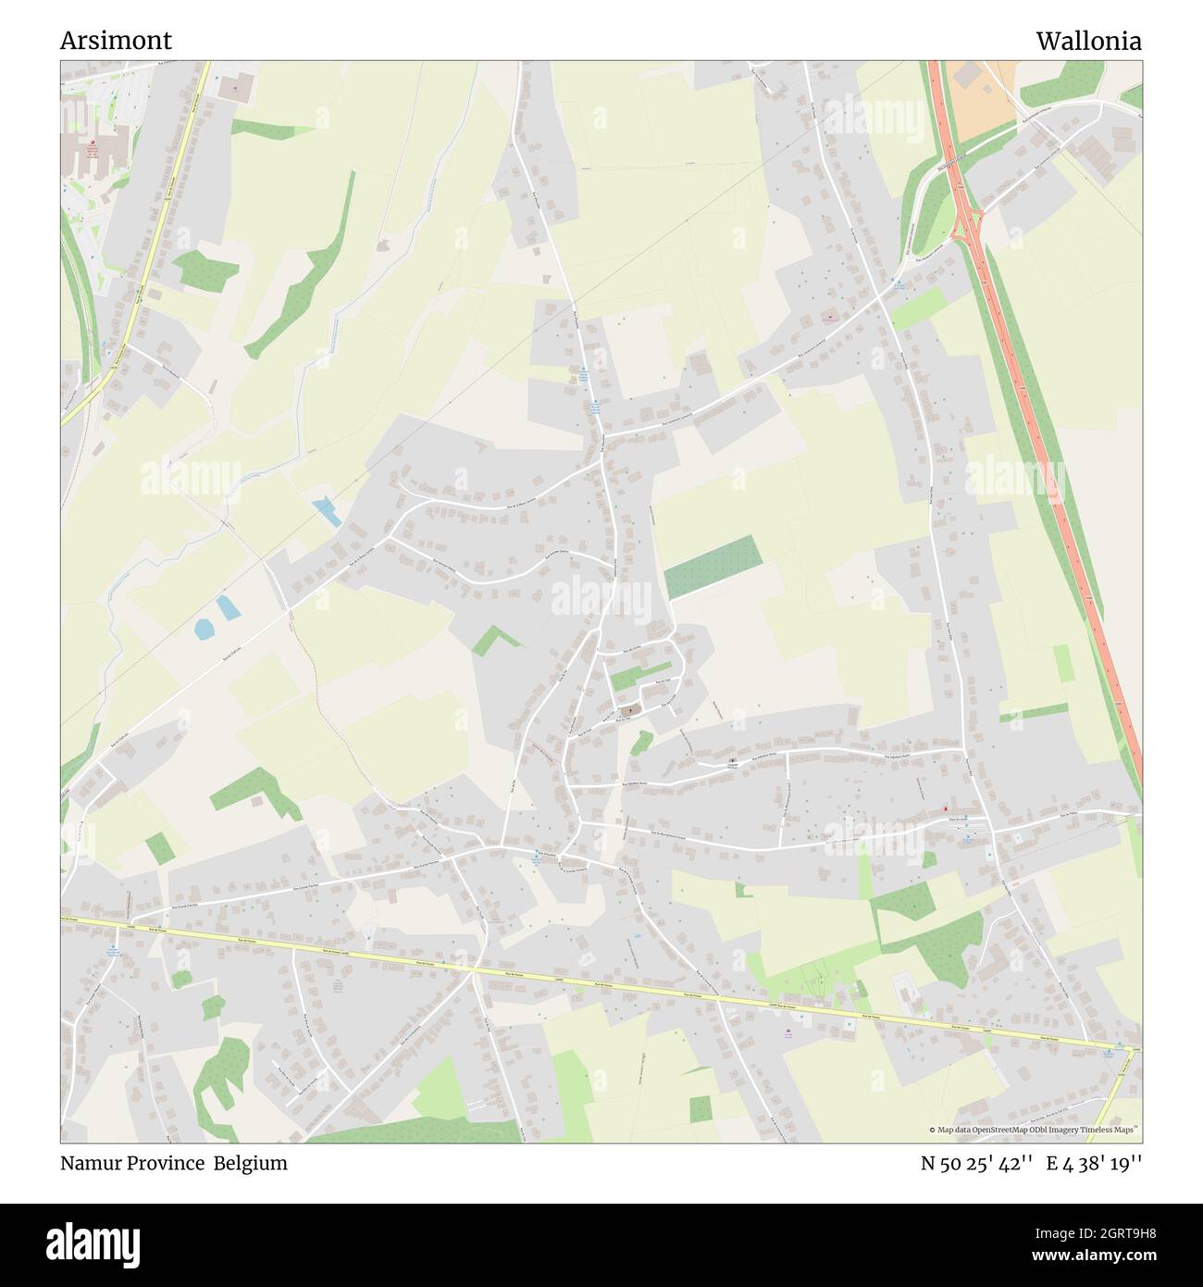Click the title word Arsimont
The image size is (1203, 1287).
[116, 41]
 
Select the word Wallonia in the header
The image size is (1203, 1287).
[1088, 41]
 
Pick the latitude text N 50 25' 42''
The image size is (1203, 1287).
[976, 1163]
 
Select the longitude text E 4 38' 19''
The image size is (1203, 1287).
[1094, 1163]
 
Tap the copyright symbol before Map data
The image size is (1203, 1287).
[933, 1130]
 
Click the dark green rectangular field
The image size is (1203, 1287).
[713, 567]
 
